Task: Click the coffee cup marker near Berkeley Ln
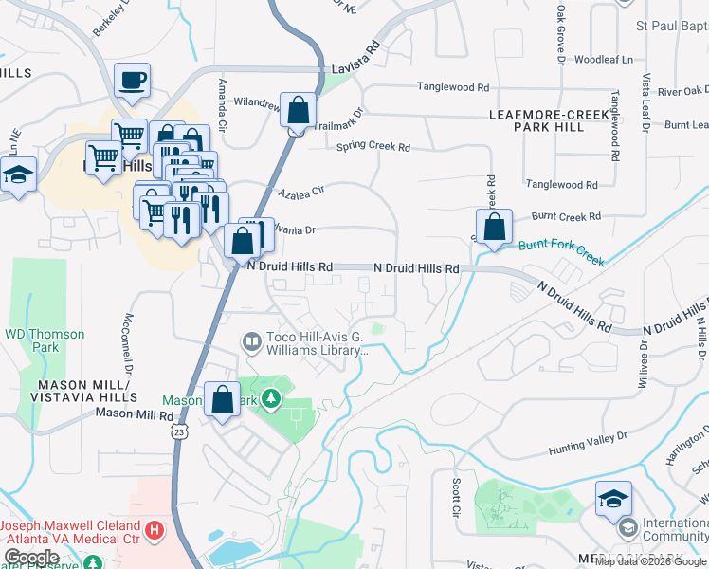tap(132, 80)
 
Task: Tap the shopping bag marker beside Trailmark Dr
tap(299, 110)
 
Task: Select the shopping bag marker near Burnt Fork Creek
tap(494, 228)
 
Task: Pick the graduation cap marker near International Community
tap(613, 497)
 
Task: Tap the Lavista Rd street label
tap(355, 69)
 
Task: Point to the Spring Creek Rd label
tap(373, 147)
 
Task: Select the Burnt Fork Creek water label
tap(561, 251)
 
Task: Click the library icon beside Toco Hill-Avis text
tap(252, 340)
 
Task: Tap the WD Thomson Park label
tap(45, 340)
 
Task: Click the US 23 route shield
tap(178, 431)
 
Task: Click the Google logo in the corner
tap(32, 558)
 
